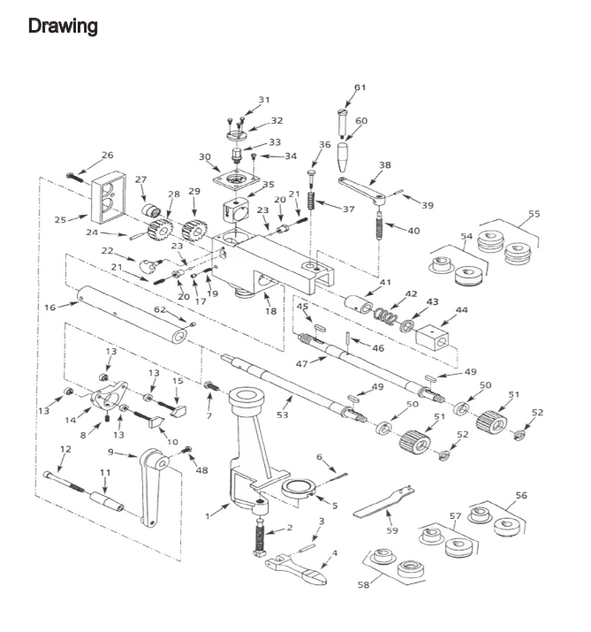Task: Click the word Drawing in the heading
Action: pyautogui.click(x=63, y=26)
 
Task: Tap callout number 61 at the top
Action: pyautogui.click(x=360, y=87)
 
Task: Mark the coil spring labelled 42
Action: pyautogui.click(x=383, y=314)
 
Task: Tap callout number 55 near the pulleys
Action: pyautogui.click(x=534, y=214)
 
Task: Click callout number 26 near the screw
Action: pyautogui.click(x=107, y=156)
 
